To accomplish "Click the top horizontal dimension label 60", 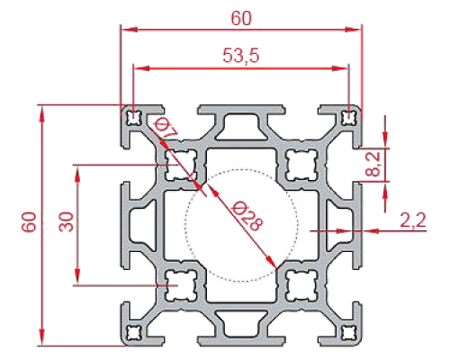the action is tap(241, 18).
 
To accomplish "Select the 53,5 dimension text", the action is tap(240, 56).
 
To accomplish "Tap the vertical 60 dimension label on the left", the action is tap(29, 221).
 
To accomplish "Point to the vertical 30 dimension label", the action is tap(66, 221).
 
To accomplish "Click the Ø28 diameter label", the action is tap(247, 215).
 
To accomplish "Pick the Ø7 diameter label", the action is tap(166, 129).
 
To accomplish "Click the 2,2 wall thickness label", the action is tap(413, 221).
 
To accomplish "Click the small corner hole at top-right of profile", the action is tap(349, 118).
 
